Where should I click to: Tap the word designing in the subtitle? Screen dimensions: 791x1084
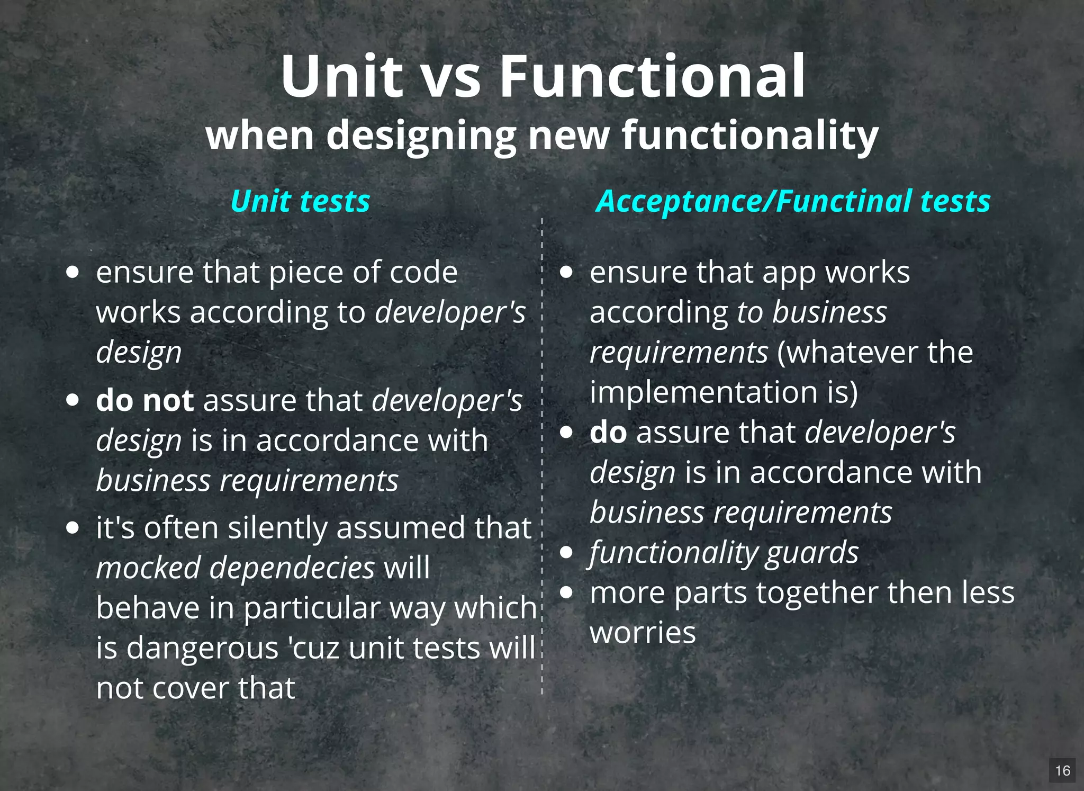[x=421, y=137]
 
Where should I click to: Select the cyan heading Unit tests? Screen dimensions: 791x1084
[x=300, y=201]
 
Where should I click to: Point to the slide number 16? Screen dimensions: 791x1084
[x=1062, y=770]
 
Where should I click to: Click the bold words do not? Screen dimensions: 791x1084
[x=144, y=400]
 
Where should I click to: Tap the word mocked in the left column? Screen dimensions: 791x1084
[x=148, y=568]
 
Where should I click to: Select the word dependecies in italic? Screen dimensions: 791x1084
[x=292, y=568]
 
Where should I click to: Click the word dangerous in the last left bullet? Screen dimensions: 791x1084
[x=202, y=648]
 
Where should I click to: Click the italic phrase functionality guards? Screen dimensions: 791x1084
[x=724, y=553]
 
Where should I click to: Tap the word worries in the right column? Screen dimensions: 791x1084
[x=643, y=633]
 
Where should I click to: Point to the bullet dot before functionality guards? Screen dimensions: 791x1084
[x=566, y=553]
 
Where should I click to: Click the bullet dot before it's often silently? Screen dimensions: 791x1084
[x=73, y=528]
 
